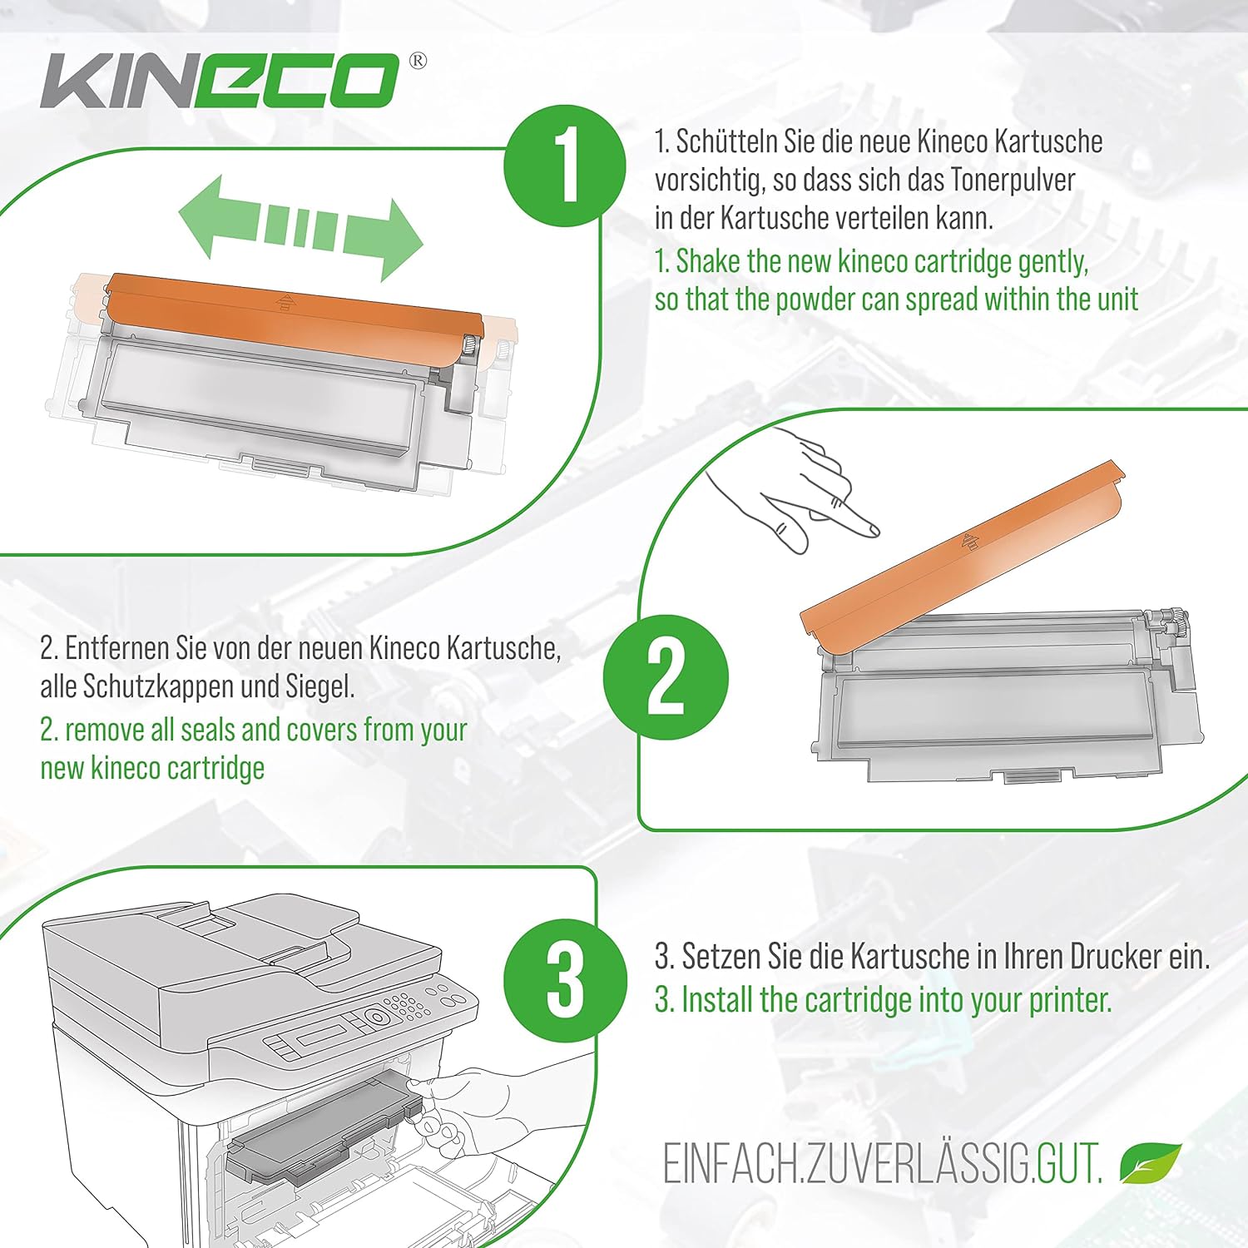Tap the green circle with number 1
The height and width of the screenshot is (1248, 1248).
565,166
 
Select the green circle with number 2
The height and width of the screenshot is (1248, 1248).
666,677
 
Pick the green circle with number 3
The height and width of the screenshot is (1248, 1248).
565,979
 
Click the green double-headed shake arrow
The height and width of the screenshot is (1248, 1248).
301,227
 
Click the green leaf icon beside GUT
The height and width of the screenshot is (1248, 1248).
1151,1163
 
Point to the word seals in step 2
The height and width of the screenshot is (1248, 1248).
208,730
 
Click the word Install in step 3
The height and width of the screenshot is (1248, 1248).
717,1000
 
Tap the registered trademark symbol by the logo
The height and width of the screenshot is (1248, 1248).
418,61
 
